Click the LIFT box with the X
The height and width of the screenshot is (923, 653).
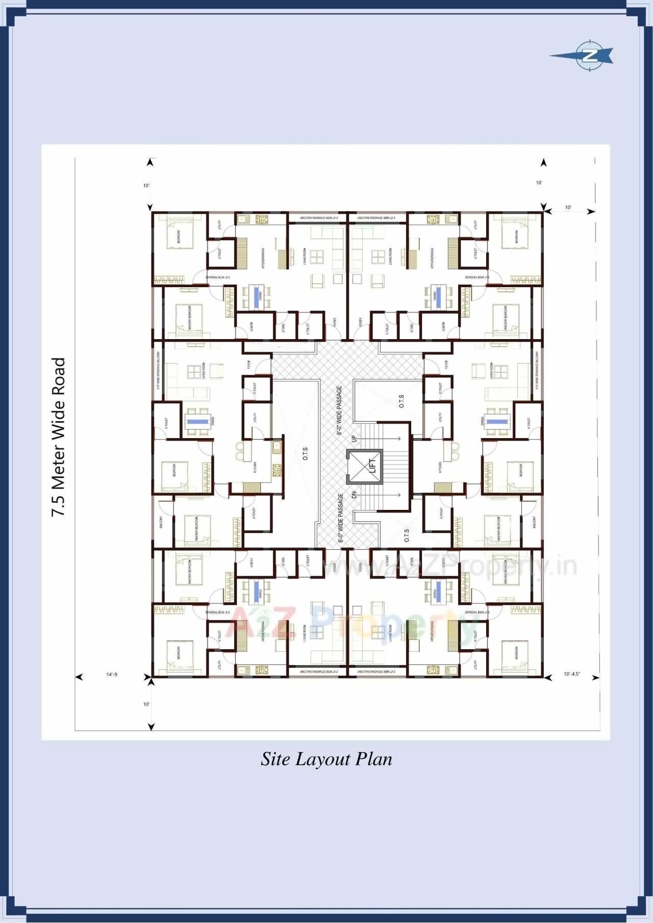pyautogui.click(x=364, y=466)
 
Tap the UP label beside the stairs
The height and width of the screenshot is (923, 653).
pyautogui.click(x=354, y=438)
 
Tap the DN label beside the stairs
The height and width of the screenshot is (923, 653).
pyautogui.click(x=354, y=495)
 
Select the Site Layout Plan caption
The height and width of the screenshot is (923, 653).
pyautogui.click(x=326, y=759)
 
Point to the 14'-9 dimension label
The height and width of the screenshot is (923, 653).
pyautogui.click(x=112, y=674)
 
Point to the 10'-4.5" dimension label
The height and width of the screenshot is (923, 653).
pyautogui.click(x=571, y=674)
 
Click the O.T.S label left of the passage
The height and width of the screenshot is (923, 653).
pyautogui.click(x=305, y=454)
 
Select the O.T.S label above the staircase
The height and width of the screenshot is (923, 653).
pyautogui.click(x=401, y=401)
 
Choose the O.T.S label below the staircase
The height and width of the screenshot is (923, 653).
pyautogui.click(x=407, y=535)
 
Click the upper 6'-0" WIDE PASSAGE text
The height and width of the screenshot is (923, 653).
pyautogui.click(x=339, y=410)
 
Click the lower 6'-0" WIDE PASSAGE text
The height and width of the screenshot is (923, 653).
pyautogui.click(x=340, y=518)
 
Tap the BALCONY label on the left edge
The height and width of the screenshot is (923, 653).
pyautogui.click(x=161, y=522)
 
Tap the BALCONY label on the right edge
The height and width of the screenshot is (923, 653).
pyautogui.click(x=534, y=522)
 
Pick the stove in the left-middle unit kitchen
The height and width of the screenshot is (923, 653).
pyautogui.click(x=277, y=469)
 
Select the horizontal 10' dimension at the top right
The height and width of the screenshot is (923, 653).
pyautogui.click(x=568, y=208)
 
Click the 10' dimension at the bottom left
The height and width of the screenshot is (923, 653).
pyautogui.click(x=146, y=704)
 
